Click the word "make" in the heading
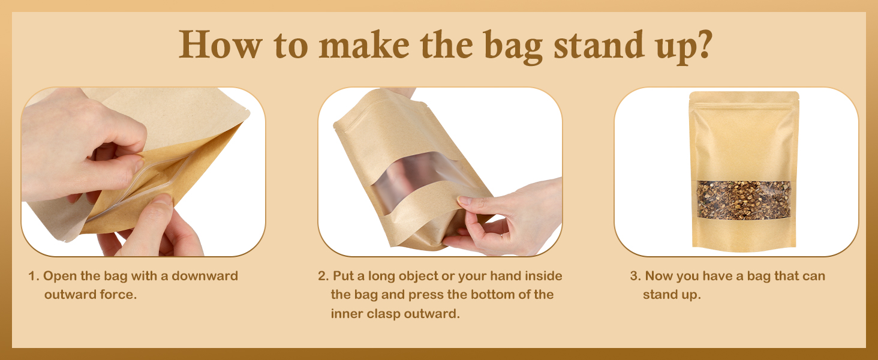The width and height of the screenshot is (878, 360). coord(364,44)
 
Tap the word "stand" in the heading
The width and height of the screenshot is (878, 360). coord(599,44)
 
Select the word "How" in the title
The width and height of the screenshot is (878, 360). coord(220,44)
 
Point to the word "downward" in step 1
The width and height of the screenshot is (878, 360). coord(205,275)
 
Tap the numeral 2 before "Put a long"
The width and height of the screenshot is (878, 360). coord(322,276)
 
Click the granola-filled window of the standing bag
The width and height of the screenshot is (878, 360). coord(744,200)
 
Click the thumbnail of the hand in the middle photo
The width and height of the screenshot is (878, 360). coord(464,200)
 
